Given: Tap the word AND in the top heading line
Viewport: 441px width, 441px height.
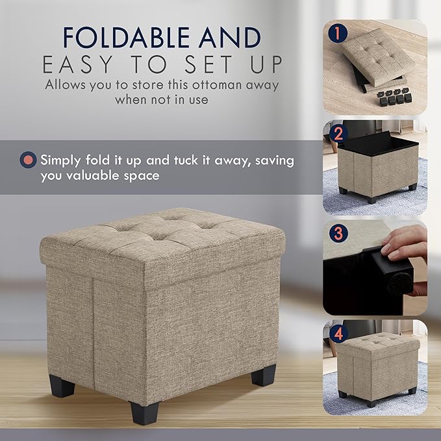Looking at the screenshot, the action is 230,37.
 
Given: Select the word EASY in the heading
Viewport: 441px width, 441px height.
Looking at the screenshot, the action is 78,64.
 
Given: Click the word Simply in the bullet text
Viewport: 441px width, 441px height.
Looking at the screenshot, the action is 60,160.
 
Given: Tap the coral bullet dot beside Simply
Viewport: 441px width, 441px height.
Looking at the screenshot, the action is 28,160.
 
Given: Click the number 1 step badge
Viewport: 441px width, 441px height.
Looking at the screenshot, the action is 338,33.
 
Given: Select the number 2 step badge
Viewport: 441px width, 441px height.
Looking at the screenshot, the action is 338,134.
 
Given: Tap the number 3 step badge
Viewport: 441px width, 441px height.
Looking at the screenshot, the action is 338,233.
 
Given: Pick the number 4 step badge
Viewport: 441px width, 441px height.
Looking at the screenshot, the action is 338,334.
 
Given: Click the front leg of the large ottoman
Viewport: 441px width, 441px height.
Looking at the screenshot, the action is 144,412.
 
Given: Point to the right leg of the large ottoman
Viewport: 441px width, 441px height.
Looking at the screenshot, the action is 264,375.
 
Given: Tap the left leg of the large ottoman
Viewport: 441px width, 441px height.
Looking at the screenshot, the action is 62,386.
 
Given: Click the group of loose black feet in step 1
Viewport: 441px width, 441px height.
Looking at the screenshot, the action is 394,97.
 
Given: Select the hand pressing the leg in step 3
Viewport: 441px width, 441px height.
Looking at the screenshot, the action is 405,247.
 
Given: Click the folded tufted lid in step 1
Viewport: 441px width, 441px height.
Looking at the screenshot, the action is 379,57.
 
